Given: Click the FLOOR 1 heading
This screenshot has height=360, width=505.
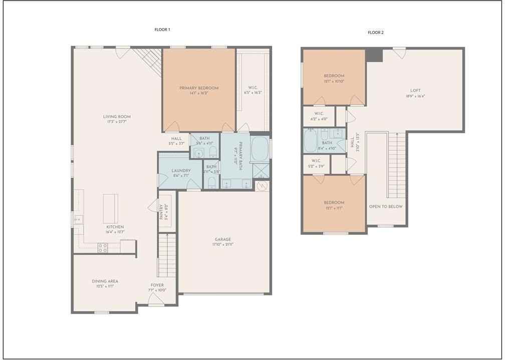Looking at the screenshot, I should click(162, 30).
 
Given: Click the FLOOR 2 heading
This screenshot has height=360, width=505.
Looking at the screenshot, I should click(375, 33).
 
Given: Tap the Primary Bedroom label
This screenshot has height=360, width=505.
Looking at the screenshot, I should click(199, 88).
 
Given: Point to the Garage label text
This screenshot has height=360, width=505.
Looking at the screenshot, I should click(223, 239).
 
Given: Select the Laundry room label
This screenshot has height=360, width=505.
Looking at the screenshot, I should click(180, 170).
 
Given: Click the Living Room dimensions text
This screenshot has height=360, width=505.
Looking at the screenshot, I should click(117, 122).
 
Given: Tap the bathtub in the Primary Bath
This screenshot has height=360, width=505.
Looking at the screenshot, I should click(260, 149).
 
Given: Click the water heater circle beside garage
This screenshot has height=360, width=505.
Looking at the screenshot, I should click(262, 186).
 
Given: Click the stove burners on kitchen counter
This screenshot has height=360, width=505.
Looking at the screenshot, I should click(102, 247).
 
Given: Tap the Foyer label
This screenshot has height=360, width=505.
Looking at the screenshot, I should click(157, 285).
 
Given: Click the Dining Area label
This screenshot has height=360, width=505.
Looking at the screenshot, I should click(105, 281).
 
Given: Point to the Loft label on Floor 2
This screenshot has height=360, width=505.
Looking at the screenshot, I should click(416, 91).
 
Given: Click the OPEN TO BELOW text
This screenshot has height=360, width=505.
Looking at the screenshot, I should click(386, 206).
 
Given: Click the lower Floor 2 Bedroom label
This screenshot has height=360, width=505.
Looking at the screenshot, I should click(334, 202).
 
